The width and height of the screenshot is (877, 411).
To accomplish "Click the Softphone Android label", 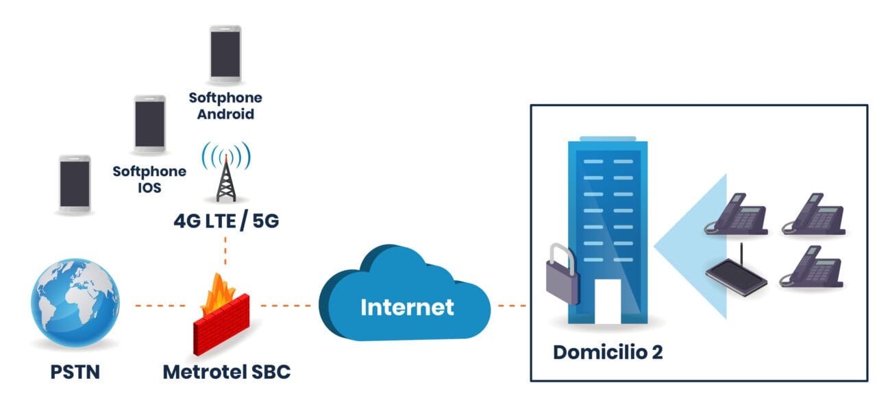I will coord(225,105).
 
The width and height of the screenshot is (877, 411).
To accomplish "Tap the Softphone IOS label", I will coord(149,178).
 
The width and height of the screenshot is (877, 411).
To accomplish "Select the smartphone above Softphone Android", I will coord(225,53).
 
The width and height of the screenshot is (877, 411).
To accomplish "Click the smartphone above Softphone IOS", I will coord(149,123).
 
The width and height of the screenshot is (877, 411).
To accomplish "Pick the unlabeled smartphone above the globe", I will coord(75,182).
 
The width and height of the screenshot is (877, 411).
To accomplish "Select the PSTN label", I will coord(75,372).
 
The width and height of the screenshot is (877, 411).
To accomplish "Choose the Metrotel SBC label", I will coord(226,372).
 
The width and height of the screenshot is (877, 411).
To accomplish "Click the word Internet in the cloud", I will coord(407,306).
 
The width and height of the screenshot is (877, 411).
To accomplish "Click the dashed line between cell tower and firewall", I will coord(225,251).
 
